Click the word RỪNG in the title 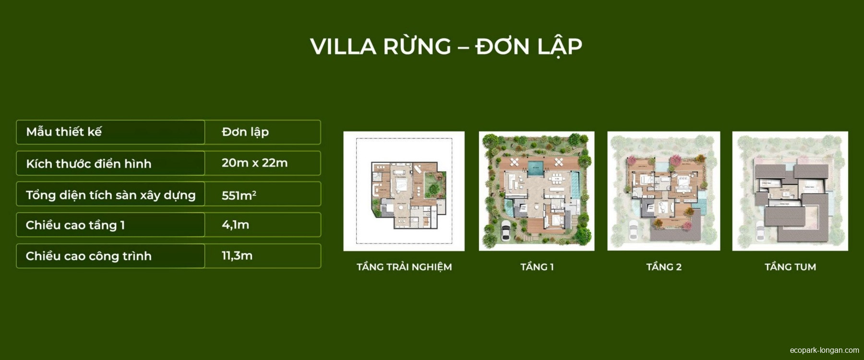(417, 47)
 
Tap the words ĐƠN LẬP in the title (528, 47)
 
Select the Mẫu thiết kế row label (64, 132)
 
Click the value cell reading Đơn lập (245, 132)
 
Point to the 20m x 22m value (254, 163)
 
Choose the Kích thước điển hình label (89, 164)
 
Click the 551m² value (239, 195)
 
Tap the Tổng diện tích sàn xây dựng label (111, 195)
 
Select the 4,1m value (235, 225)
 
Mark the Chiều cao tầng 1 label (75, 225)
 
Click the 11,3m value (237, 256)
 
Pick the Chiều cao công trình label (89, 256)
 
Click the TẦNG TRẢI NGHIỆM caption (404, 267)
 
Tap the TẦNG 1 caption (537, 267)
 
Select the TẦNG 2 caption (664, 267)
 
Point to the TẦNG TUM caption (790, 267)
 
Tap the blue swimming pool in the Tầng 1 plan (535, 168)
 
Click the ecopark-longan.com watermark (824, 350)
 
